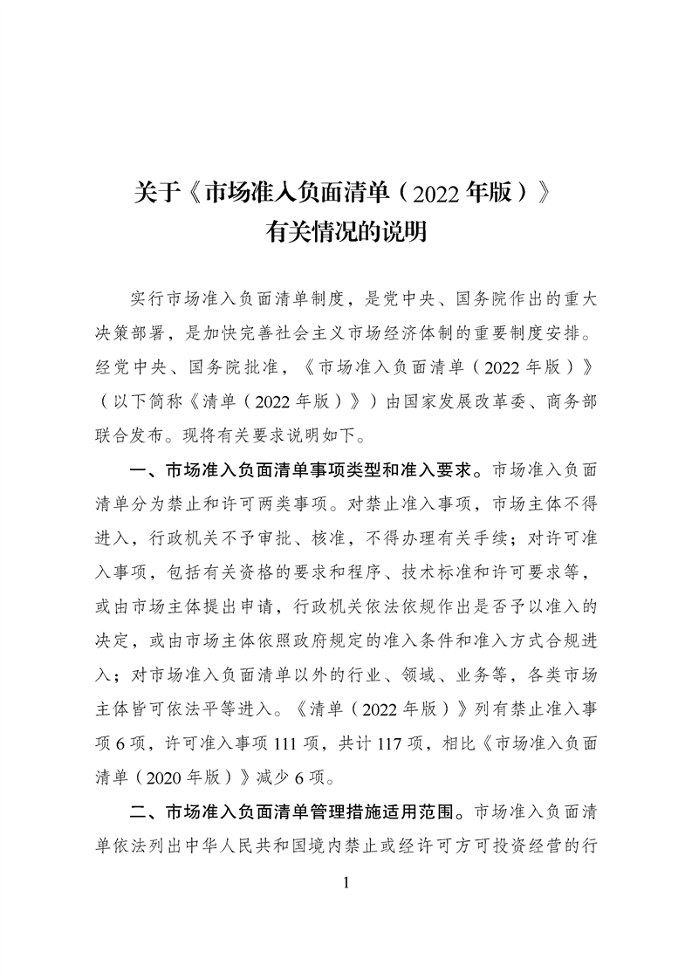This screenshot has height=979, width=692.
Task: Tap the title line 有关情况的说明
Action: point(346,233)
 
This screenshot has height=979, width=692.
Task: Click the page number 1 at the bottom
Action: point(346,882)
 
